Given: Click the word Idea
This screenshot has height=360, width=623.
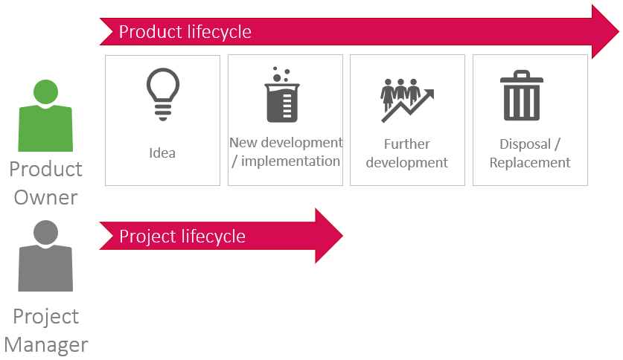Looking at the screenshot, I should pos(162,153).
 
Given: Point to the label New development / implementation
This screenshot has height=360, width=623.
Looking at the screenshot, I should pos(286,152).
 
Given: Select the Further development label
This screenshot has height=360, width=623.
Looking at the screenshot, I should pos(407,153).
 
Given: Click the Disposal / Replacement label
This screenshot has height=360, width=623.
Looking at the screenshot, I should pos(530,153).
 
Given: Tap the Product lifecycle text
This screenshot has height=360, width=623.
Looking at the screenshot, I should pos(185,32).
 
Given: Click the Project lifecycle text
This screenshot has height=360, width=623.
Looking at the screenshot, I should pos(182,237).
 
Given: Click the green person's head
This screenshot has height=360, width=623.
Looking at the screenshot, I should pos(45,91).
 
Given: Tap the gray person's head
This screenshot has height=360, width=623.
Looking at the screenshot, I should pos(45,232).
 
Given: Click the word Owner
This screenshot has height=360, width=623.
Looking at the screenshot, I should pos(45,198).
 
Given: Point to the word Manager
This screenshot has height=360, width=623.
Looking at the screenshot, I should pos(45,344).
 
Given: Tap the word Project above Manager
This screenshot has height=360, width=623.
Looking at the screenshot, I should pos(45,316).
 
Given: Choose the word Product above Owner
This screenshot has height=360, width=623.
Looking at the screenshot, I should pos(45,170).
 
